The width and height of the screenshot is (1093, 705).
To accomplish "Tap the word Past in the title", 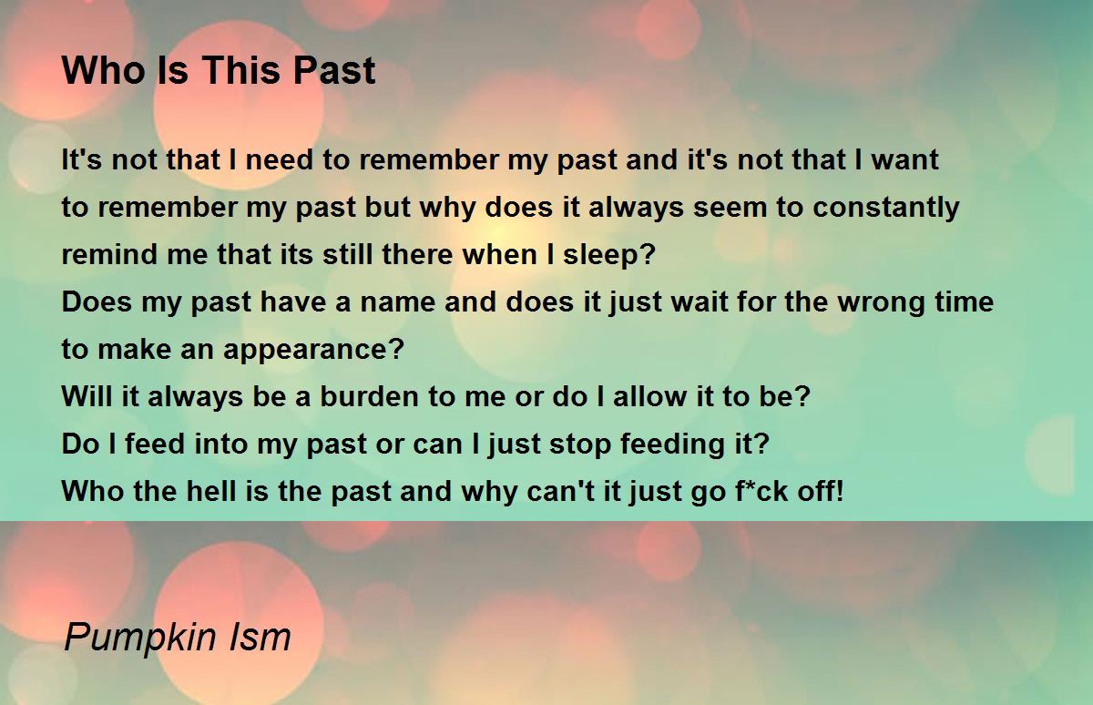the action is [334, 70].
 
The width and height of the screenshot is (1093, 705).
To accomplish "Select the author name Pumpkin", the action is [140, 638].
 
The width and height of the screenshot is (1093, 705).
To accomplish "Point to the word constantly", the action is [886, 208].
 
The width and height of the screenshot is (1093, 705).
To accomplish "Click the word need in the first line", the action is [279, 159].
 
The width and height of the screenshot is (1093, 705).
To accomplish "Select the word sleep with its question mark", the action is [609, 255].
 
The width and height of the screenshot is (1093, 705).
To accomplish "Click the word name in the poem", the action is [397, 302].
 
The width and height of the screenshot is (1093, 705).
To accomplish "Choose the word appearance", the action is [313, 350].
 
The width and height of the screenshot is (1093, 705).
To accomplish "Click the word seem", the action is [730, 208].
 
